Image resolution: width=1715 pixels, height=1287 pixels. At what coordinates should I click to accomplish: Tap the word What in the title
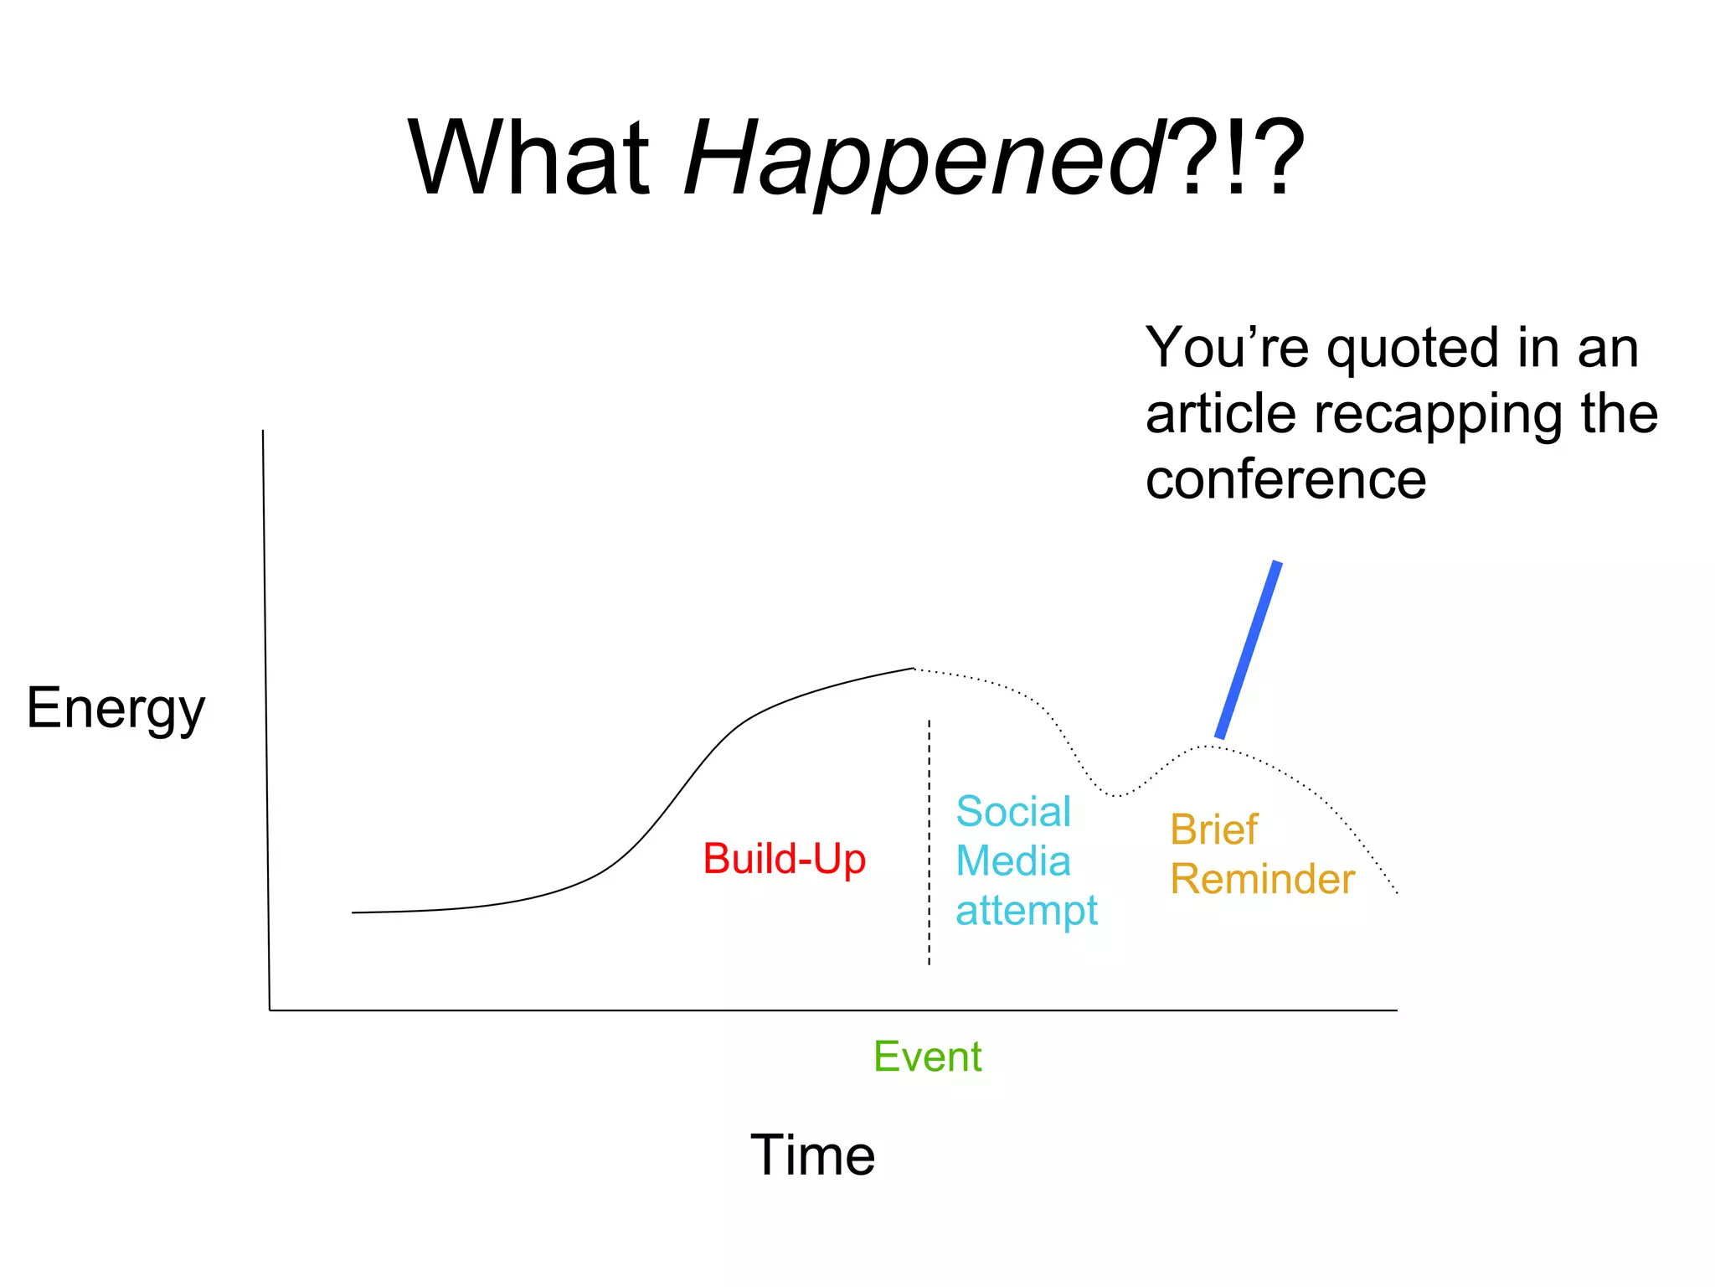click(529, 159)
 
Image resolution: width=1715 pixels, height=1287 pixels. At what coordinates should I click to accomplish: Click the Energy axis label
click(116, 709)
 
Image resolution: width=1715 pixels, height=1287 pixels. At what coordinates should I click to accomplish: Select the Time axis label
click(812, 1155)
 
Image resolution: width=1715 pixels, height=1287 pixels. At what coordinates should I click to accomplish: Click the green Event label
click(927, 1057)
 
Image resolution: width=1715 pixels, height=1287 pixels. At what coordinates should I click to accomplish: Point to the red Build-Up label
click(784, 859)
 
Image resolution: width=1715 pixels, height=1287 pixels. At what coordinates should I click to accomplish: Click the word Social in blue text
click(1013, 812)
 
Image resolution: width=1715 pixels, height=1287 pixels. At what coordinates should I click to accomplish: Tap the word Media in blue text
click(1013, 861)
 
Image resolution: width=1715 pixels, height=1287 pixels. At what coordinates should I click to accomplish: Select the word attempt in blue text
click(1027, 911)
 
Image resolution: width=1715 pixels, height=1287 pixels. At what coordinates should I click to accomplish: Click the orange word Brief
click(1213, 830)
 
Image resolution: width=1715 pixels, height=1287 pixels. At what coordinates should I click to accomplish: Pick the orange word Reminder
click(1262, 880)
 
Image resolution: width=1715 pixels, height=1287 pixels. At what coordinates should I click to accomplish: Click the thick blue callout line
click(1249, 650)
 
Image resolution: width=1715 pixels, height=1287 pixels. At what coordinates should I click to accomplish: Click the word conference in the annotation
click(1285, 480)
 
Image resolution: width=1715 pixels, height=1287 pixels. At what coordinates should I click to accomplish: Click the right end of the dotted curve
click(1396, 892)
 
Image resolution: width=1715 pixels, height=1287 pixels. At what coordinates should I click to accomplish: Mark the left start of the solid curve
click(354, 912)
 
